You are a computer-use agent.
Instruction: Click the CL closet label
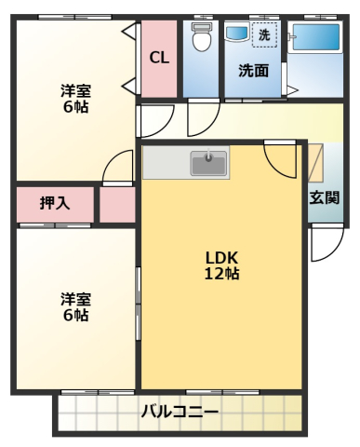(x=159, y=58)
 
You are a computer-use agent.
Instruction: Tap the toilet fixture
(x=200, y=40)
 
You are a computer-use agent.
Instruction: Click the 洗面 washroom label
(x=252, y=70)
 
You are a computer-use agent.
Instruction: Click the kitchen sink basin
(x=209, y=164)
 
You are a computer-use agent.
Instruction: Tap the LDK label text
(x=222, y=257)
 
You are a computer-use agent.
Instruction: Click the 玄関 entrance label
(x=325, y=196)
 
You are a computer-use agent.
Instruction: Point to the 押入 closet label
(x=55, y=203)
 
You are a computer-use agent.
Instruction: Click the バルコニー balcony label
(x=180, y=412)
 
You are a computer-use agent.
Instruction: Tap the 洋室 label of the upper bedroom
(x=74, y=90)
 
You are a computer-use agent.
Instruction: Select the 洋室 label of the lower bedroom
(x=74, y=299)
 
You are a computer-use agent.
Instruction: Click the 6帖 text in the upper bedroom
(x=74, y=107)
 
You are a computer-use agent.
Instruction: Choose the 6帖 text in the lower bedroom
(x=74, y=316)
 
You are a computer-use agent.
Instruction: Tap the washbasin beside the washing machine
(x=236, y=34)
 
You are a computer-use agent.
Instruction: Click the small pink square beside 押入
(x=117, y=204)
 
